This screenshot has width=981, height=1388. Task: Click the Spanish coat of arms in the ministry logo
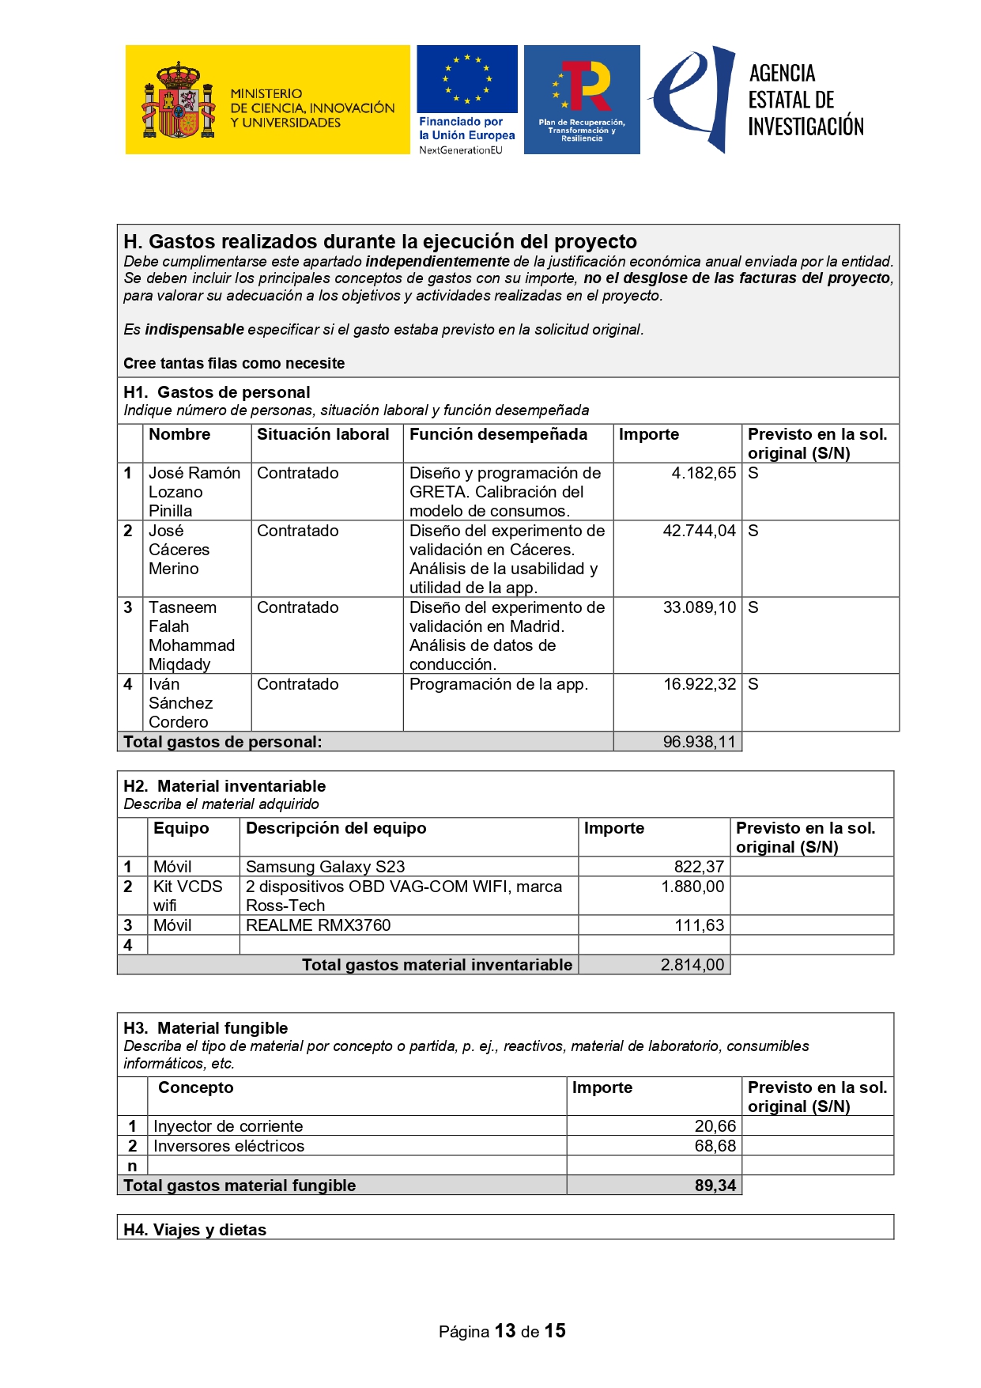click(x=179, y=101)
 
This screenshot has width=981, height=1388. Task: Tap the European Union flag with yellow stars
click(x=467, y=79)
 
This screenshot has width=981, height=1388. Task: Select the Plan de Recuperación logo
click(x=582, y=99)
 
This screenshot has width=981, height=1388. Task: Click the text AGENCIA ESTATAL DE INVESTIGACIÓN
click(x=806, y=100)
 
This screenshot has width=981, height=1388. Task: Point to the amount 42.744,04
click(x=699, y=531)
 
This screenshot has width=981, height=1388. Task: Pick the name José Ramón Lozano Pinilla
click(x=194, y=491)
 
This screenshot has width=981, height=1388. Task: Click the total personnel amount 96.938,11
click(x=699, y=742)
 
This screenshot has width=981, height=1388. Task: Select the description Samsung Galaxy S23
click(x=325, y=867)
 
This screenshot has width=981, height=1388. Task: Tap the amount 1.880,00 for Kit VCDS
click(x=692, y=887)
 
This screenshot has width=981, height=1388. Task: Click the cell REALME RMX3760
click(x=318, y=925)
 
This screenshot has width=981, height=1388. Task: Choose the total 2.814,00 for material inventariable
click(x=692, y=965)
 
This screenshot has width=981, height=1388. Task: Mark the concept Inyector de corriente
click(x=228, y=1126)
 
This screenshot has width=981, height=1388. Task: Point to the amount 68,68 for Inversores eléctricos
click(x=715, y=1146)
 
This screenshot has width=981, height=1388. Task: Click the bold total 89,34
click(x=715, y=1186)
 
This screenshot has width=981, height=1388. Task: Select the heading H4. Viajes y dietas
click(x=194, y=1230)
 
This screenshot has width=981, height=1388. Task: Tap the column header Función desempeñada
click(x=498, y=434)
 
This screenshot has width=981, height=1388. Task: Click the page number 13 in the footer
click(x=505, y=1331)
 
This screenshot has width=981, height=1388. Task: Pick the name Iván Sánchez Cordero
click(x=180, y=702)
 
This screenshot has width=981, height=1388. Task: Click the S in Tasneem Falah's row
click(x=753, y=607)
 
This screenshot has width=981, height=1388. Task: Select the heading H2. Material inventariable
click(x=224, y=786)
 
